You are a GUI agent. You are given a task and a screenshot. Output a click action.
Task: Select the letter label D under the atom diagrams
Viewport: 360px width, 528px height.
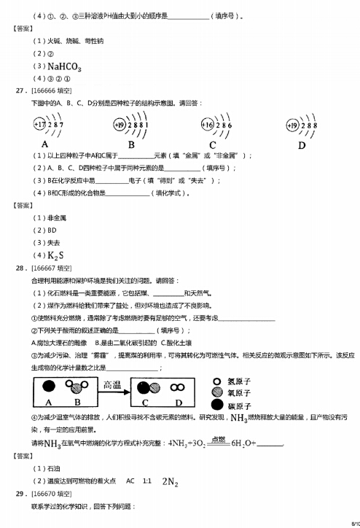(x=301, y=145)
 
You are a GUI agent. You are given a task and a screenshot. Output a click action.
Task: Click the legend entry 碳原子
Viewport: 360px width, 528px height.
(x=240, y=405)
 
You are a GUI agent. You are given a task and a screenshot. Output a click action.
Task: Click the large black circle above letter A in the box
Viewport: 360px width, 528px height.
(x=49, y=387)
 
